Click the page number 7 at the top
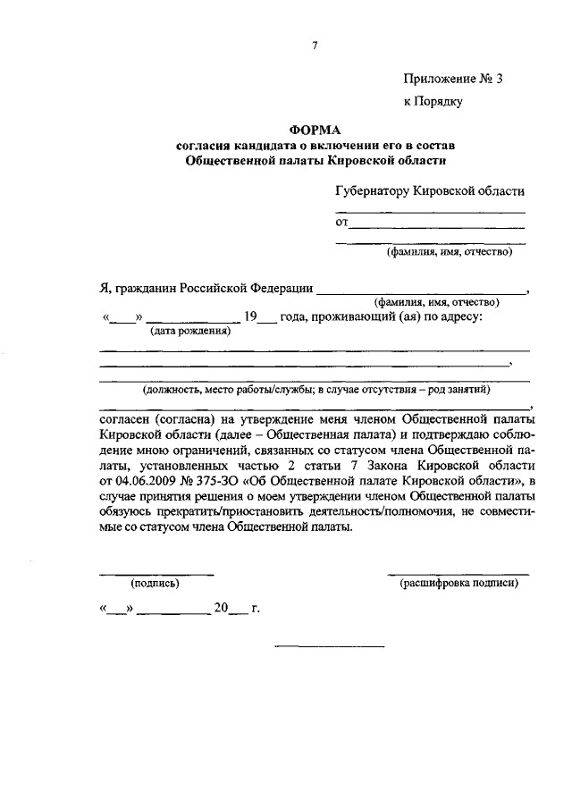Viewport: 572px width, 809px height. (x=315, y=46)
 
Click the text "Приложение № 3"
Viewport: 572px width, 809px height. (x=453, y=79)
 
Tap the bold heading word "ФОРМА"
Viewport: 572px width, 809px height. (x=315, y=130)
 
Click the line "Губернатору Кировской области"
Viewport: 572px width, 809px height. (x=430, y=190)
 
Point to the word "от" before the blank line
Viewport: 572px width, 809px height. (x=341, y=222)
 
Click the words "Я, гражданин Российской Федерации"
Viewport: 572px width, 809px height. (x=206, y=288)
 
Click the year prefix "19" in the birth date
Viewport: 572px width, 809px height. (x=251, y=317)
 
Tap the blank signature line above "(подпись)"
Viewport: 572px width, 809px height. (x=156, y=573)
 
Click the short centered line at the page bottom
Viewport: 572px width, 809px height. (x=329, y=645)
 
